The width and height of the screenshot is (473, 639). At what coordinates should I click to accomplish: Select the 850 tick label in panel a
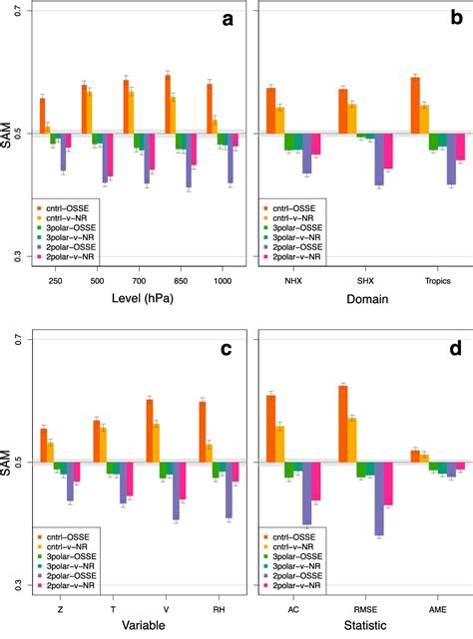click(x=168, y=282)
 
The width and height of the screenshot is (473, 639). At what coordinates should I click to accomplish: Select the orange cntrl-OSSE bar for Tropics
click(x=415, y=105)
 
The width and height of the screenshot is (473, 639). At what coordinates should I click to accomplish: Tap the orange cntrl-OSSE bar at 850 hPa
click(x=167, y=104)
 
